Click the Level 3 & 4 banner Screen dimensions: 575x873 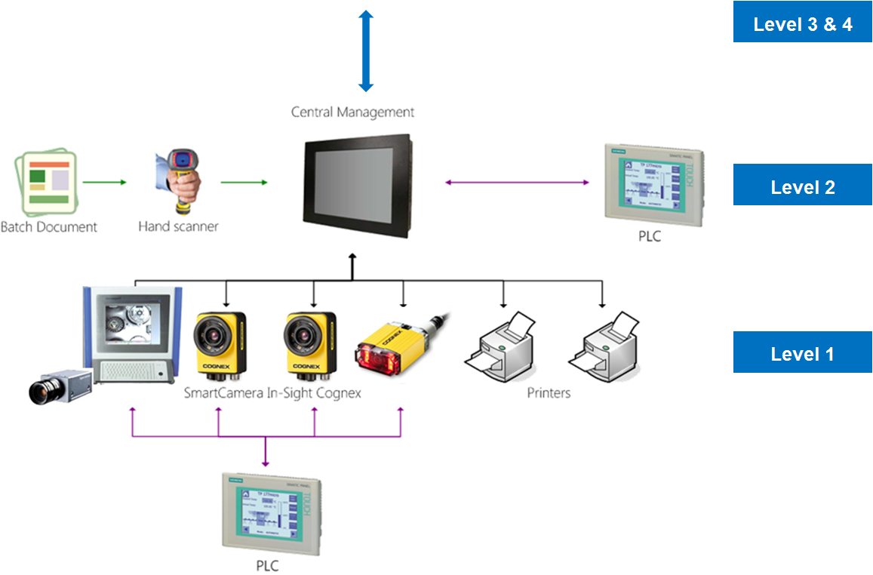(802, 24)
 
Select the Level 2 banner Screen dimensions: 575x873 (802, 187)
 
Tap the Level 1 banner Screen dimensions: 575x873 (802, 353)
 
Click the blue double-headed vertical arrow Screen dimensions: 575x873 (366, 51)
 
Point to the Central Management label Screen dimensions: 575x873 (352, 112)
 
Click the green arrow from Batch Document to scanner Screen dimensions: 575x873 (104, 182)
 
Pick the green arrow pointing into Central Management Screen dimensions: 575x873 (244, 182)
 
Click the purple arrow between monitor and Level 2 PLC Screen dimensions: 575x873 (517, 182)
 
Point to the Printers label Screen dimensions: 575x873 (549, 393)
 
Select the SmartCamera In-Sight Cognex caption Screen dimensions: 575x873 (272, 393)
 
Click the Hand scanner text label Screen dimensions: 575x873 (178, 226)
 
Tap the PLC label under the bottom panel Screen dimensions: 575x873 (267, 566)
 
